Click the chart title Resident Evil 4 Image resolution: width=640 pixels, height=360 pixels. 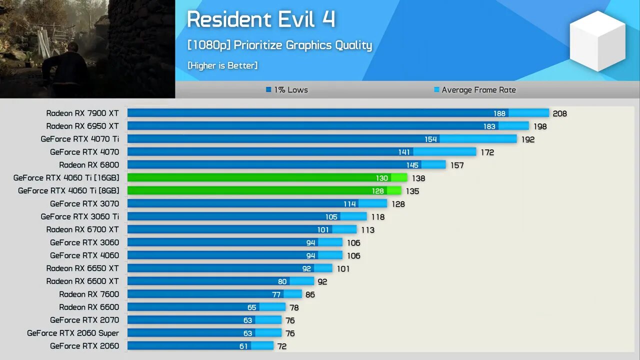[260, 20]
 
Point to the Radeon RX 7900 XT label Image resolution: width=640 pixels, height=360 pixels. [82, 113]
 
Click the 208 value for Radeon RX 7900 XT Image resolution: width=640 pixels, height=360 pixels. [559, 113]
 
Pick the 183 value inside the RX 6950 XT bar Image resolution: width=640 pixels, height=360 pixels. [489, 126]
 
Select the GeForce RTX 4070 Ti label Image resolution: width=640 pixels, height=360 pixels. [80, 139]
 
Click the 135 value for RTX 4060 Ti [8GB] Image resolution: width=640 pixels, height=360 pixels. [412, 191]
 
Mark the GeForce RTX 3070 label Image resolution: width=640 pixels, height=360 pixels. [84, 204]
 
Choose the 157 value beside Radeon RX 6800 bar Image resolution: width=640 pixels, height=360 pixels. [457, 165]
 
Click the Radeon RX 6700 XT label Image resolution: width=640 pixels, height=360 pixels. [82, 230]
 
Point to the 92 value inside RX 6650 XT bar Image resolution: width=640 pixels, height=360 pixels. [306, 268]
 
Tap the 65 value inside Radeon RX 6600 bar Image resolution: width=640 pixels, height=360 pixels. [251, 307]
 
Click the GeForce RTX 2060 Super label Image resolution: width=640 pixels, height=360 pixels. [73, 333]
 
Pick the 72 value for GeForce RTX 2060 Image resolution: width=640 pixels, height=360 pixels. [281, 346]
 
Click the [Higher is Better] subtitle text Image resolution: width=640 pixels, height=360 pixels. [222, 65]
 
